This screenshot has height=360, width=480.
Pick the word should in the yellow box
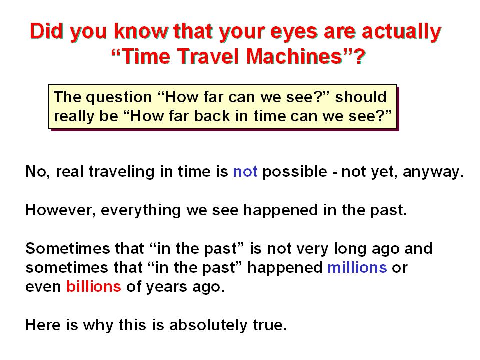click(361, 97)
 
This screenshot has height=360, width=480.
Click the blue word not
click(245, 172)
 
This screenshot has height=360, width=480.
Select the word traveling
click(122, 172)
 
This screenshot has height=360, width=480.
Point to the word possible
click(295, 172)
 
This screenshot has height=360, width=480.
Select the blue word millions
click(357, 267)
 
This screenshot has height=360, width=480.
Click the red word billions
click(94, 287)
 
